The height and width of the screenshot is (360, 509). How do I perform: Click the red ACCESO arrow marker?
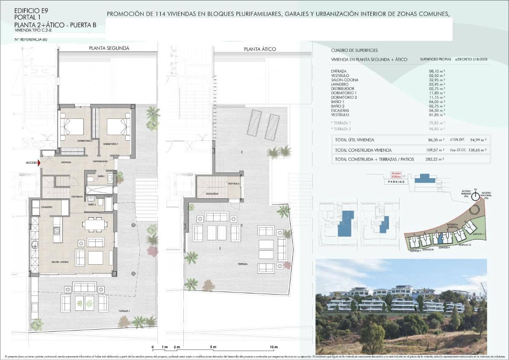pyautogui.click(x=39, y=162)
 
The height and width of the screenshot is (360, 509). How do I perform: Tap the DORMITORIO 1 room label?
pyautogui.click(x=110, y=144)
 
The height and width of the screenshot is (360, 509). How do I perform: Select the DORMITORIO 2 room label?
pyautogui.click(x=85, y=141)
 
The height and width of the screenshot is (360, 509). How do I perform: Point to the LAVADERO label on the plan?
pyautogui.click(x=47, y=207)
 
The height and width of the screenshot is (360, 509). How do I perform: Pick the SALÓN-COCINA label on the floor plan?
pyautogui.click(x=60, y=262)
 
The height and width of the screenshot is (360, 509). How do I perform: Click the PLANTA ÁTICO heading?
pyautogui.click(x=260, y=49)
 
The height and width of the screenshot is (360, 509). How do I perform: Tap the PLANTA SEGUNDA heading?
pyautogui.click(x=109, y=48)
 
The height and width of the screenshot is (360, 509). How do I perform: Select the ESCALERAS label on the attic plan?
pyautogui.click(x=212, y=194)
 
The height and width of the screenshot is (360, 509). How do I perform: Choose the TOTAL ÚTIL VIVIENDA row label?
pyautogui.click(x=355, y=140)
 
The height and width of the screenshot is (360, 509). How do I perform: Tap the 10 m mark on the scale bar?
pyautogui.click(x=274, y=347)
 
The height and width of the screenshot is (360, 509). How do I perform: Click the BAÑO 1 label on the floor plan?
pyautogui.click(x=101, y=176)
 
